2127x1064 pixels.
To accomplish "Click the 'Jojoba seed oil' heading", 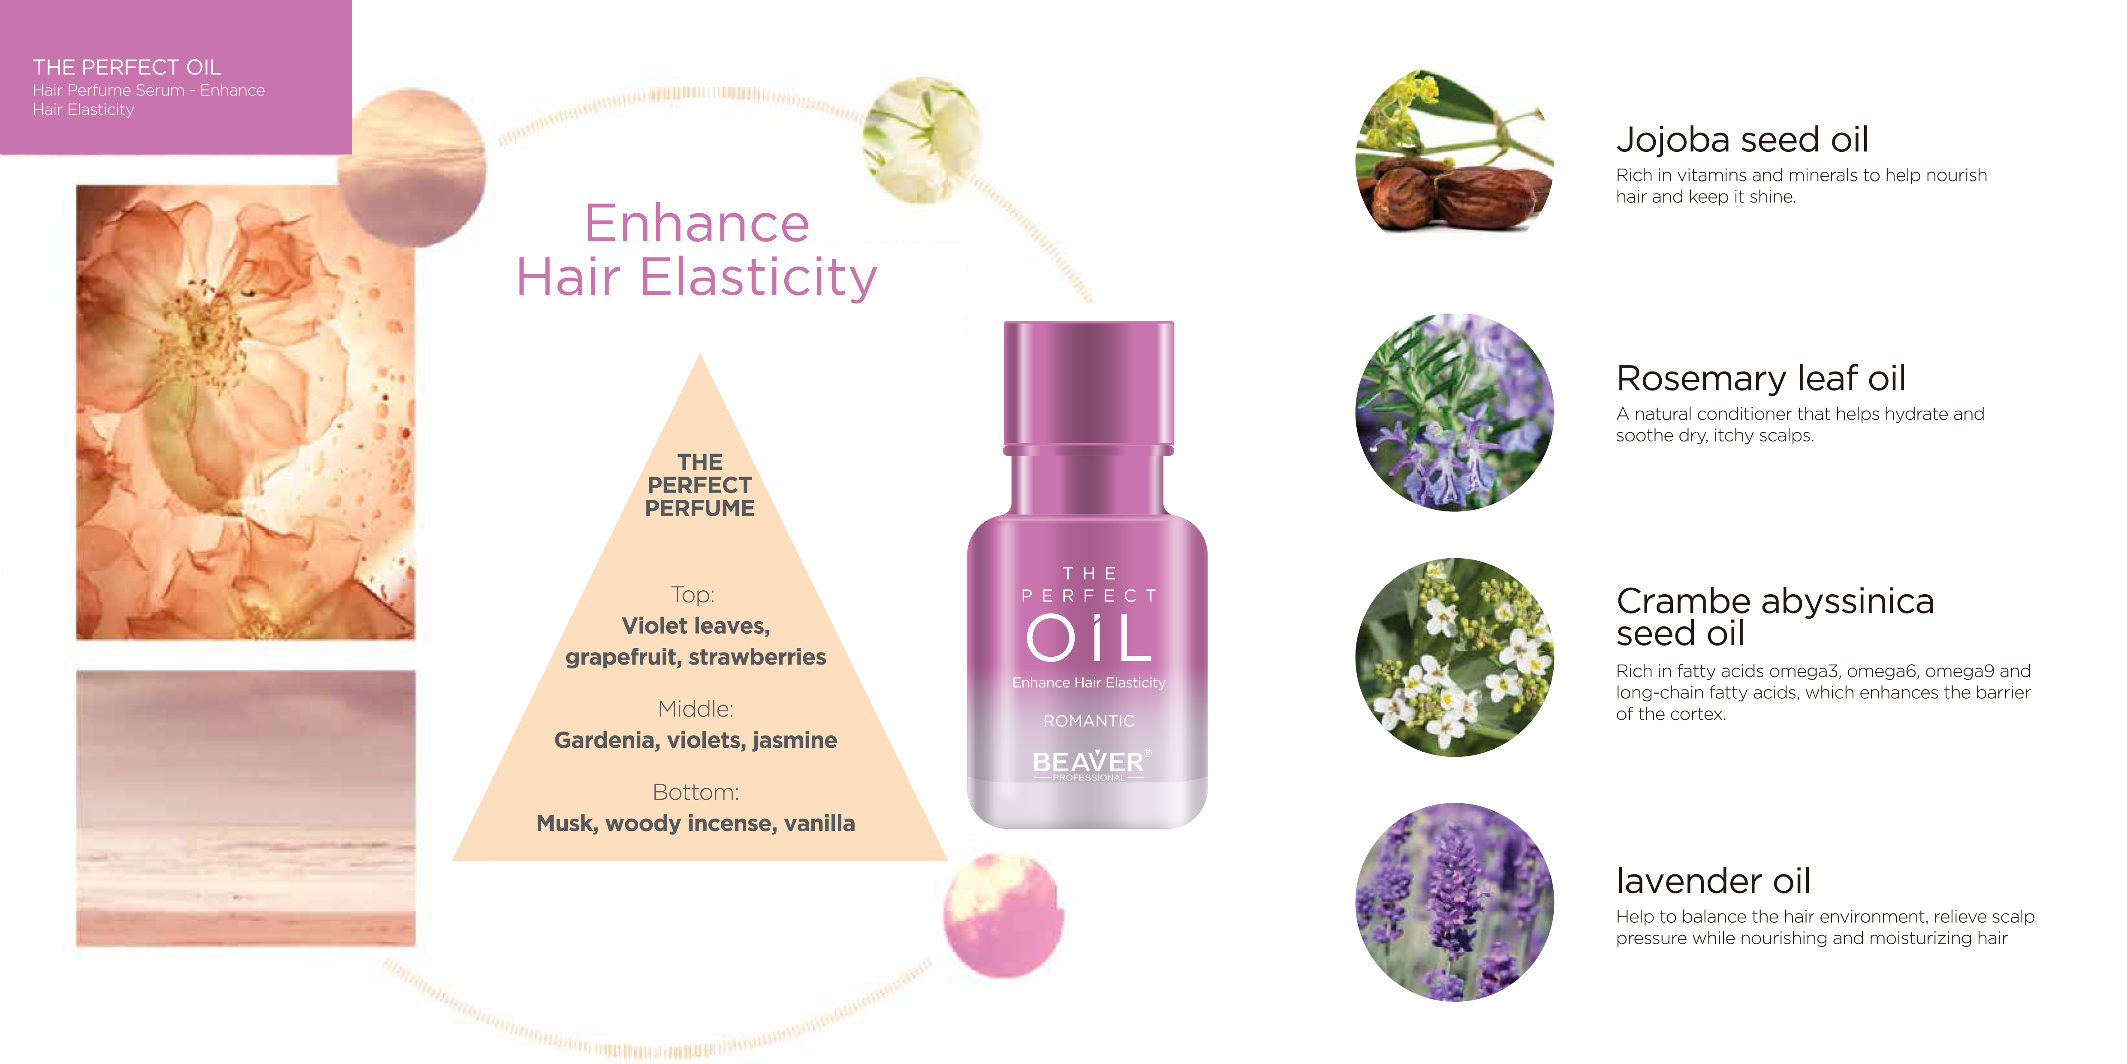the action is click(1742, 139).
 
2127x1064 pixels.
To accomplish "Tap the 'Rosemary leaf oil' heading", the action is click(1760, 378).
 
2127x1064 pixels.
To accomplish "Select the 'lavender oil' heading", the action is click(1713, 881).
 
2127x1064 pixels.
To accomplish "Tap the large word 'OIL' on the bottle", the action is click(1088, 638).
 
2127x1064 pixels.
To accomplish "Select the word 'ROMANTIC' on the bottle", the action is click(1088, 721).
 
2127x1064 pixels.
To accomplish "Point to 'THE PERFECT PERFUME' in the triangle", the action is click(699, 485).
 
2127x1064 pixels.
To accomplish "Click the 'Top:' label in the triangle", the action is click(693, 595).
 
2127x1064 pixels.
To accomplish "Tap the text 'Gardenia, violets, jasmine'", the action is click(695, 740).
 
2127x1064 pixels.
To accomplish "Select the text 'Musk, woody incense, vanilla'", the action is click(695, 824).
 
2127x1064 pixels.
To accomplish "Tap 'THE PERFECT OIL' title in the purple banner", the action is click(127, 67).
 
